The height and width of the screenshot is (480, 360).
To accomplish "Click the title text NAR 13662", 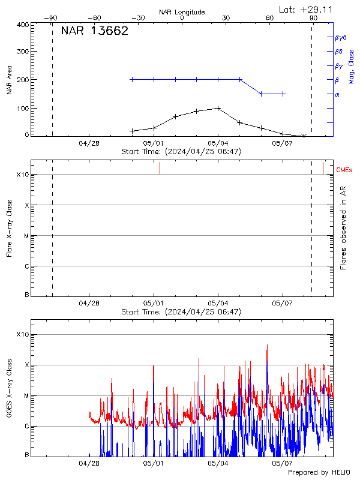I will [x=95, y=31].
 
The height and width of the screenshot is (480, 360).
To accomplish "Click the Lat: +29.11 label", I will [x=307, y=9].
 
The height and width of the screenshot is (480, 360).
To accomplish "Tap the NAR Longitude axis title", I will [x=182, y=11].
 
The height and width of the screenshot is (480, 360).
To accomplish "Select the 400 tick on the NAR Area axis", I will [x=23, y=25].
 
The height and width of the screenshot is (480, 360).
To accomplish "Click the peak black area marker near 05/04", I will [x=218, y=109].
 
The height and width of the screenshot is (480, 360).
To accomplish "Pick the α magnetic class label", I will [x=337, y=94].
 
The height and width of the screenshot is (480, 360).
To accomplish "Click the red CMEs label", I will [x=344, y=170].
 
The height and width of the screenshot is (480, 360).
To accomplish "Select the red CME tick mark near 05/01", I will [x=160, y=168].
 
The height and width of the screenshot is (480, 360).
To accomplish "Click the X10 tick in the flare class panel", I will [x=23, y=175].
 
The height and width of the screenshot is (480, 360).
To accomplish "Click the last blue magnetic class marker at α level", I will [x=283, y=94].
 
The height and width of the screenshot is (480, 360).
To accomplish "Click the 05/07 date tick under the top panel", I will [x=283, y=143].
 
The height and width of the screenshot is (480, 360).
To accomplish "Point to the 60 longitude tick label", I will [x=270, y=18].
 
